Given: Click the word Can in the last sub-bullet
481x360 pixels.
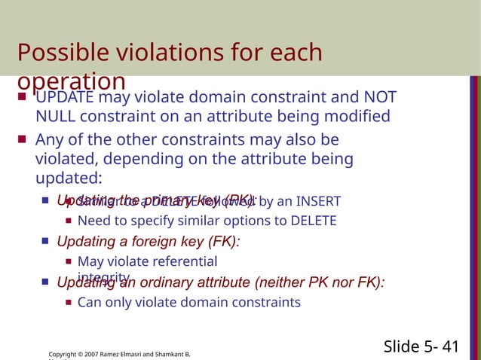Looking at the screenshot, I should point(89,303).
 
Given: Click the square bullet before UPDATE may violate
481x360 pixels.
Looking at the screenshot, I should point(22,98).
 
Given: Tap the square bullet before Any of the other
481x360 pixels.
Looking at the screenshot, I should point(22,139).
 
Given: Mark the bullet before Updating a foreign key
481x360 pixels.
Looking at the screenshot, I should point(45,242).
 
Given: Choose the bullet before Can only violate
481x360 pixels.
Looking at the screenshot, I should point(69,303).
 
